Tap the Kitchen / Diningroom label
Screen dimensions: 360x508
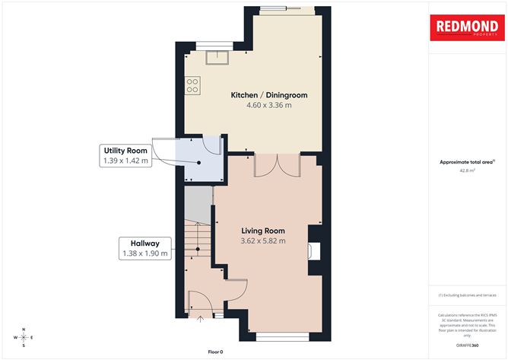[x=268, y=95]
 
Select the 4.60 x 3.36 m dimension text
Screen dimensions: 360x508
[x=268, y=105]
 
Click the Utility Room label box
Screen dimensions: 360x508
[x=125, y=155]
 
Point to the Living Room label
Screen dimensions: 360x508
[x=263, y=231]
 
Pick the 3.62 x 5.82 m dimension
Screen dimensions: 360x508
[x=263, y=241]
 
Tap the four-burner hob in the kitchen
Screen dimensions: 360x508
[x=193, y=84]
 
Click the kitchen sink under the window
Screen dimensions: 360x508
[x=223, y=56]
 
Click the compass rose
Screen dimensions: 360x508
[x=24, y=336]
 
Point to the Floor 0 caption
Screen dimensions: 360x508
[x=216, y=351]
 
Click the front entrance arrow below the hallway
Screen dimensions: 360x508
[x=201, y=320]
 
